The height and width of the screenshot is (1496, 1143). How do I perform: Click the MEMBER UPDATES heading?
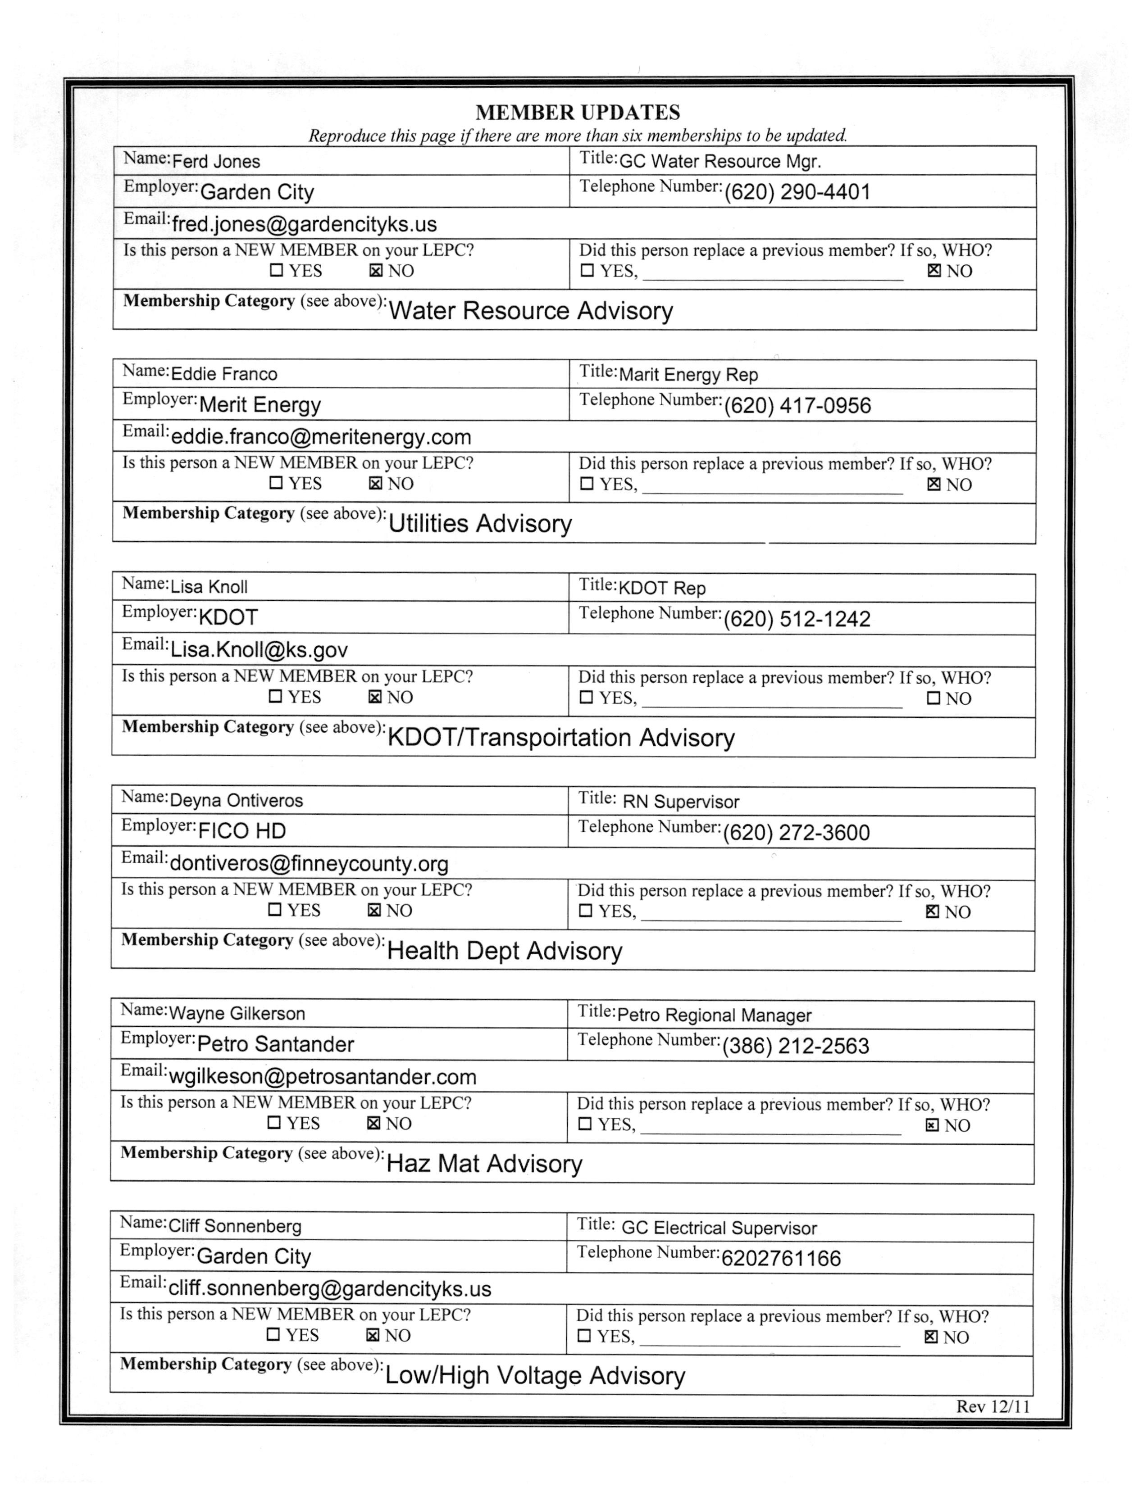[578, 112]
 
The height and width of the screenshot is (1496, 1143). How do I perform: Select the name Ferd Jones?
[216, 162]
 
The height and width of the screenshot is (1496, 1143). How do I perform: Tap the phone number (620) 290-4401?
[797, 192]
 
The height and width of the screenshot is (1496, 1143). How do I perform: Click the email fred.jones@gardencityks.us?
[304, 224]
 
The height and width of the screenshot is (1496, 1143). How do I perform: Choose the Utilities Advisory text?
[480, 524]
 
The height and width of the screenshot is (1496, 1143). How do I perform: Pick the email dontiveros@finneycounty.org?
[309, 864]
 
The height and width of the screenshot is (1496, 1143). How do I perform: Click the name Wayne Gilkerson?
[237, 1014]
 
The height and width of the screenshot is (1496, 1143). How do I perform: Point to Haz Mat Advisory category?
[484, 1164]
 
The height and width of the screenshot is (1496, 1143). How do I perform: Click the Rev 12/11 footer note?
[993, 1406]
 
